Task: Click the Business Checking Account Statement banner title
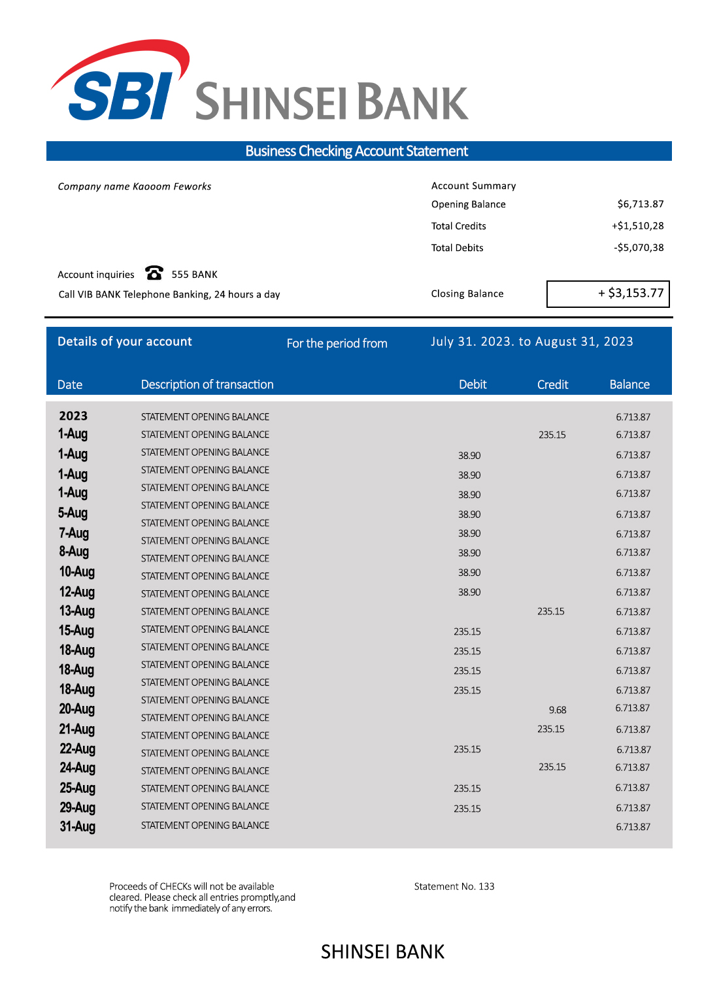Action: coord(356,151)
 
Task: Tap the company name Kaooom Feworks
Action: coord(135,186)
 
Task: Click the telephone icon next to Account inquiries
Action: coord(154,273)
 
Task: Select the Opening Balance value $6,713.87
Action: coord(640,204)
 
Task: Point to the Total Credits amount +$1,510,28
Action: coord(637,226)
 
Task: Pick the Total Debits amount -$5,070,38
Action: coord(639,248)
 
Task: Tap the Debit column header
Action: coord(473,384)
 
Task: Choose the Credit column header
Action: coord(552,384)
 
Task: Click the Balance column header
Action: coord(629,384)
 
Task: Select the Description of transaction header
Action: coord(207,384)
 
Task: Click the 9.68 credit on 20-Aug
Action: coord(558,710)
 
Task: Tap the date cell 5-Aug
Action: coord(73,513)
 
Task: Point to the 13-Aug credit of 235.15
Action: coord(551,612)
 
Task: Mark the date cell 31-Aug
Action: coord(77,827)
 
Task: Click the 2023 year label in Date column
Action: coord(73,416)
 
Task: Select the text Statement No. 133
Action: coord(454,886)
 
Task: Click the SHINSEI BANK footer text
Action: coord(382,952)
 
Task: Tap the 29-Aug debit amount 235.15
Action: coord(467,809)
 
